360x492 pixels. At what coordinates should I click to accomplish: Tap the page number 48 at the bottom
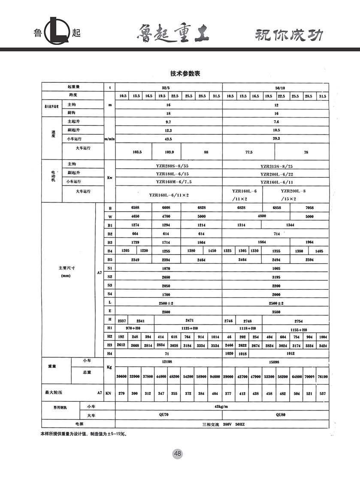coord(178,453)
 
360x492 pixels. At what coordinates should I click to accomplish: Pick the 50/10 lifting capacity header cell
coord(276,87)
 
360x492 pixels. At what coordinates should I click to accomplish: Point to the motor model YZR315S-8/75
coord(277,166)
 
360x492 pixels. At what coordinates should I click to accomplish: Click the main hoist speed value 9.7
coord(169,122)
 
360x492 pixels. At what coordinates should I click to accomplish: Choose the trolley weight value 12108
coord(169,362)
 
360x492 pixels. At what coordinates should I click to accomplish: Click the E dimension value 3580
coord(276,312)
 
